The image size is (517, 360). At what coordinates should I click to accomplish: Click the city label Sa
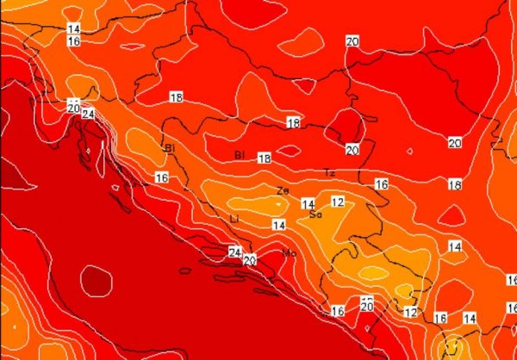click(x=315, y=214)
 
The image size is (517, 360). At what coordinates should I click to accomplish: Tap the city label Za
click(x=283, y=190)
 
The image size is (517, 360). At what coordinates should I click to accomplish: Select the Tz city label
click(x=329, y=173)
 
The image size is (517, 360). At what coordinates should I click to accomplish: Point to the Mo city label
click(x=290, y=252)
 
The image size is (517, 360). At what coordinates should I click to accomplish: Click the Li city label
click(x=234, y=220)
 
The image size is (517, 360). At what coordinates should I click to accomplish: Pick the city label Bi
click(x=169, y=148)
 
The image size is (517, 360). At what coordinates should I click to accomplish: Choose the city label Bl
click(x=240, y=155)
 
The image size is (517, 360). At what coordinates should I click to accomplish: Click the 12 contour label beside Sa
click(x=338, y=202)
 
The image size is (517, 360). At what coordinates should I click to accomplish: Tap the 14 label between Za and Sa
click(x=308, y=204)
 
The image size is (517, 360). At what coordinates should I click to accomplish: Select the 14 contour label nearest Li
click(x=278, y=225)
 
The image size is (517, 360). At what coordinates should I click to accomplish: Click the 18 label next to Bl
click(x=264, y=158)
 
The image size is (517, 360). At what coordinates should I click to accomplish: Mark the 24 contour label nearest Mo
click(x=234, y=251)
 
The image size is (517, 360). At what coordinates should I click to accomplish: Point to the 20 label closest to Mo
click(x=250, y=259)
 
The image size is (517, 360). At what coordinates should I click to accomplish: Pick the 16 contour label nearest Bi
click(x=161, y=177)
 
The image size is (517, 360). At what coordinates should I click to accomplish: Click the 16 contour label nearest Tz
click(x=382, y=184)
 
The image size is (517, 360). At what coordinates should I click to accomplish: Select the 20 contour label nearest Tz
click(x=352, y=150)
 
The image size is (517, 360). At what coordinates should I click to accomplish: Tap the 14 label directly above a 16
click(x=73, y=29)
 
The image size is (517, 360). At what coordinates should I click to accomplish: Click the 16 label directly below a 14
click(x=73, y=41)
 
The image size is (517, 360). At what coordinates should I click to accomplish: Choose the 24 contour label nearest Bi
click(x=88, y=114)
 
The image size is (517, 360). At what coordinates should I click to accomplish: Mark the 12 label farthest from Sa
click(x=411, y=312)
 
